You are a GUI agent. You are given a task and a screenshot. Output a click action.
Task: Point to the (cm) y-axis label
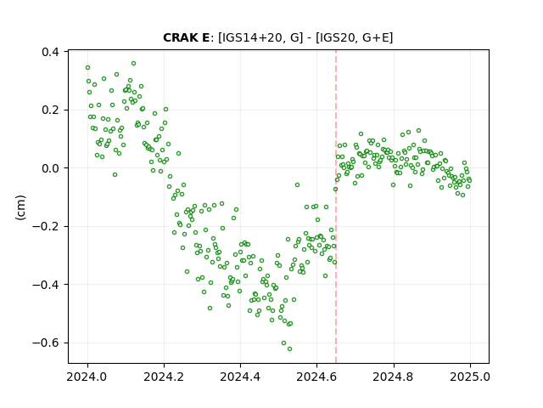(20, 207)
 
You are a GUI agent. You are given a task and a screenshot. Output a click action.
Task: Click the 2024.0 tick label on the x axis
(87, 377)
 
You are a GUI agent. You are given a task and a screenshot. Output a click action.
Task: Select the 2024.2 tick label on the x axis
(164, 377)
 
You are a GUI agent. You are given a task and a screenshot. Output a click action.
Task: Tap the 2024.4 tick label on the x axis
(240, 377)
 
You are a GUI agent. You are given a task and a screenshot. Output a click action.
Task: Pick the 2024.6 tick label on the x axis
(316, 377)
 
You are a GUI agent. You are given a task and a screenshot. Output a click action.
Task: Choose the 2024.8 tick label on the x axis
(394, 377)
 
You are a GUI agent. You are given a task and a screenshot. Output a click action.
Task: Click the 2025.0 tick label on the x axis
(470, 377)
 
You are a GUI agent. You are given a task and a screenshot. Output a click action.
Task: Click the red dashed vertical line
(336, 207)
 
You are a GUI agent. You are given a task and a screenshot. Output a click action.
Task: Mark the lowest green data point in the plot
(289, 348)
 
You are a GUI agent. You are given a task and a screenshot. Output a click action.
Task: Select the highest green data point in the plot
(133, 64)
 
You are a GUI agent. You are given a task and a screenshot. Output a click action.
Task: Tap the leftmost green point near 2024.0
(87, 68)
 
